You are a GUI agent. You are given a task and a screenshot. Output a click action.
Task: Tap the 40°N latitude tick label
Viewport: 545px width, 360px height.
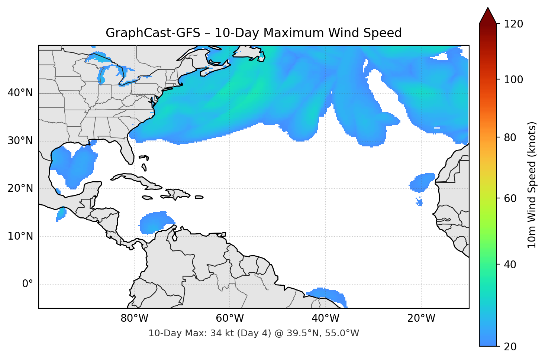click(20, 93)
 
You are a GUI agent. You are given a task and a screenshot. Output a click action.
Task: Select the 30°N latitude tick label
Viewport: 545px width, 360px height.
click(20, 141)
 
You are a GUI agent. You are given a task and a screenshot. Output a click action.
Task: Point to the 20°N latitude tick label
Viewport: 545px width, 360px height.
click(20, 188)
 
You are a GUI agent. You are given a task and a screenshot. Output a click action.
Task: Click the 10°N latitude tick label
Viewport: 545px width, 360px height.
click(20, 236)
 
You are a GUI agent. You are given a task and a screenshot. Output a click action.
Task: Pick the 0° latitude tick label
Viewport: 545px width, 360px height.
click(28, 284)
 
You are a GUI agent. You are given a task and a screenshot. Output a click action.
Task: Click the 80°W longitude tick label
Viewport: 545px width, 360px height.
click(134, 318)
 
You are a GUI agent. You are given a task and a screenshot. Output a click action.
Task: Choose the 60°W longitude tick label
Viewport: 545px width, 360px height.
click(230, 318)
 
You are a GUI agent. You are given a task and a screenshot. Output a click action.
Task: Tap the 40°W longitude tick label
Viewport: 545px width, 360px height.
click(325, 318)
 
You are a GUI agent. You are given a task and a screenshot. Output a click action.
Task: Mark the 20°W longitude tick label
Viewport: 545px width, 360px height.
click(421, 318)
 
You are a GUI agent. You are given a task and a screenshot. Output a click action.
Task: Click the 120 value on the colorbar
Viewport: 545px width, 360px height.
click(513, 24)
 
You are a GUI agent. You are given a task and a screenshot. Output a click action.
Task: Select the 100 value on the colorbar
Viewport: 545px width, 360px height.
click(513, 80)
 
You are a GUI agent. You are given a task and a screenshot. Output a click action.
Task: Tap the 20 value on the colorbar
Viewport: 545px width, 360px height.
click(510, 347)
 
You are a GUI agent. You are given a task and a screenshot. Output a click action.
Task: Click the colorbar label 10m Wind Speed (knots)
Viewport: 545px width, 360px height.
click(532, 185)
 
